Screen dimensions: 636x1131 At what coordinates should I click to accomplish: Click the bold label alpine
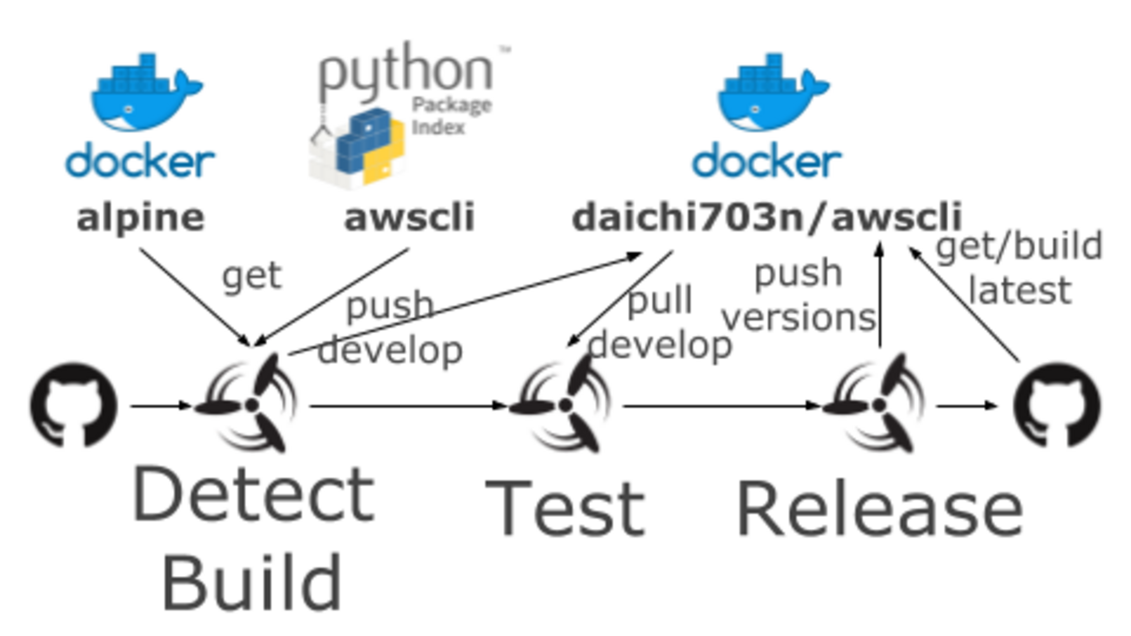coord(141,218)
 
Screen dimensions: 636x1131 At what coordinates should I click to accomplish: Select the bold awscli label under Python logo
coord(410,218)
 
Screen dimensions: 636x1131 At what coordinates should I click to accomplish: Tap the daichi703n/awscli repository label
coord(766,218)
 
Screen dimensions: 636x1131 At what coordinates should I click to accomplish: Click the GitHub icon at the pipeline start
coord(74,405)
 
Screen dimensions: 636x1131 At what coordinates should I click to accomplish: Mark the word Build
coord(252,581)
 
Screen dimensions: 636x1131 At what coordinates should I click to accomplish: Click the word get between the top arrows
coord(252,277)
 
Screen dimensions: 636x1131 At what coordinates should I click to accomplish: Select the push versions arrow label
coord(799,296)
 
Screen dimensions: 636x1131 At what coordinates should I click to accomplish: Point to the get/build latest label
coord(1019,268)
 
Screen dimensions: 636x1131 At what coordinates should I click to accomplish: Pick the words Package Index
coord(452,116)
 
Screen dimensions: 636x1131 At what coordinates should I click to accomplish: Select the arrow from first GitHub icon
coord(161,405)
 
